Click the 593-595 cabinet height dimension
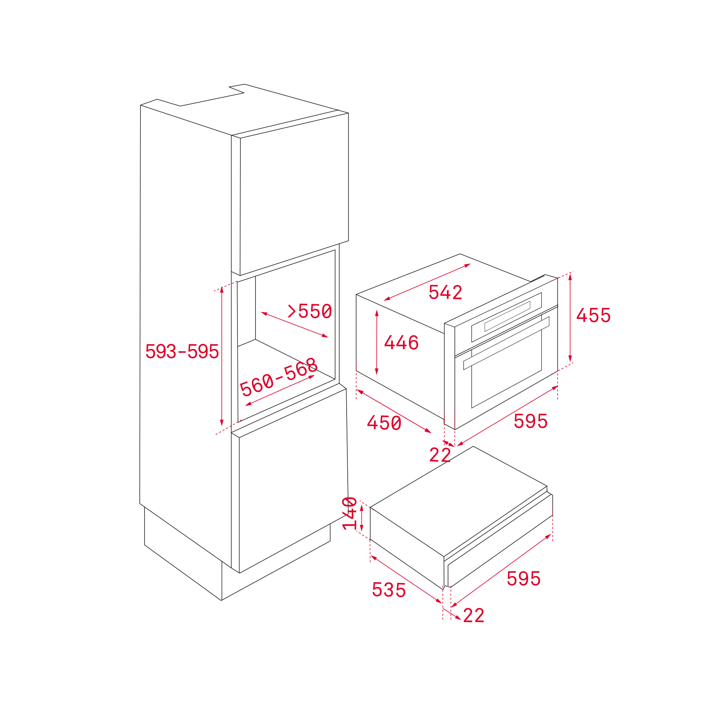click(182, 351)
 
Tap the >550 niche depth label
click(310, 311)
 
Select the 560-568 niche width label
click(279, 376)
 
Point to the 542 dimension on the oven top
click(445, 292)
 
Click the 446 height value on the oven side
click(401, 343)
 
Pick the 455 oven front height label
click(593, 315)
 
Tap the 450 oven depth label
click(384, 423)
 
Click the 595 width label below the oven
click(531, 421)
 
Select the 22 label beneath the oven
click(440, 455)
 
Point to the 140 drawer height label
click(350, 513)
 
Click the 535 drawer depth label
click(389, 590)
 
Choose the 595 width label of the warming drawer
click(524, 579)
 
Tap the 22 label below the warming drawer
click(473, 615)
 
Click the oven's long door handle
click(506, 343)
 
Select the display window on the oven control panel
click(507, 316)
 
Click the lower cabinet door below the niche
click(294, 481)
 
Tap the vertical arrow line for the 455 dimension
click(570, 318)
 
